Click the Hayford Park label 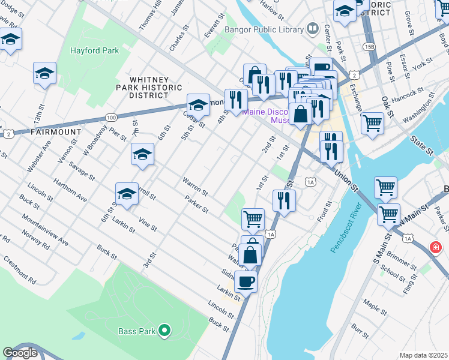[x=94, y=51]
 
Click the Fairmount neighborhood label [x=56, y=131]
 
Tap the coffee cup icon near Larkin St [x=246, y=280]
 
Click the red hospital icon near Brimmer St [x=435, y=247]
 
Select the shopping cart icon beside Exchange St [x=372, y=123]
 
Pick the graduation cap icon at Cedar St [x=198, y=105]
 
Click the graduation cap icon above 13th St [x=44, y=73]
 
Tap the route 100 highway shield [x=111, y=118]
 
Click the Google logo [x=20, y=353]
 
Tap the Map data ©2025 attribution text [x=423, y=355]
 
